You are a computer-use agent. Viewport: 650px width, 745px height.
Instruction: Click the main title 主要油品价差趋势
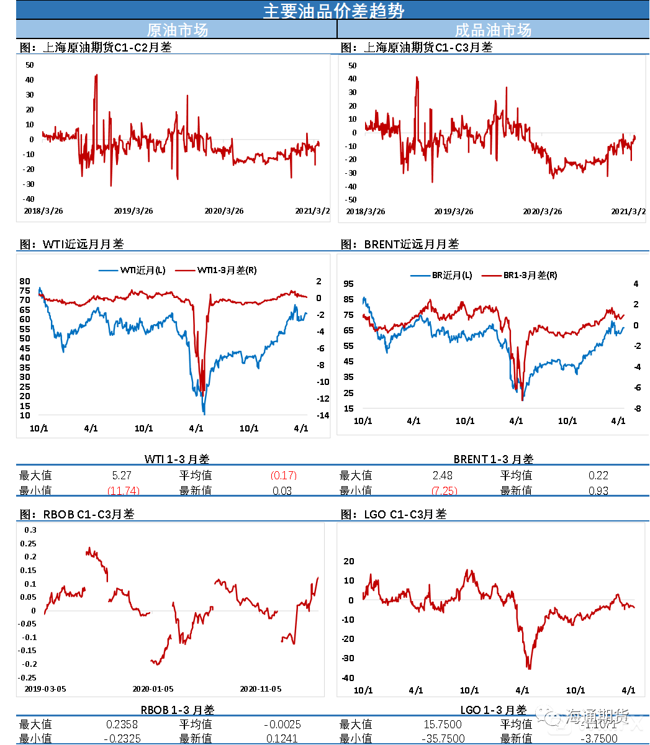pyautogui.click(x=333, y=11)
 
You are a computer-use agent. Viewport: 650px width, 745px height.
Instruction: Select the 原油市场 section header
pyautogui.click(x=177, y=30)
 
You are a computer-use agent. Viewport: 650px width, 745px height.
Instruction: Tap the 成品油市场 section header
pyautogui.click(x=493, y=30)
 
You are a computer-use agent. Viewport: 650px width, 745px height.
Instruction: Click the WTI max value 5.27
pyautogui.click(x=122, y=476)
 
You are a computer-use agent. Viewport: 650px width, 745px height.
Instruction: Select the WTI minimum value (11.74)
pyautogui.click(x=123, y=490)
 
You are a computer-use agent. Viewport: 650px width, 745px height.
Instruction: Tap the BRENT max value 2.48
pyautogui.click(x=442, y=476)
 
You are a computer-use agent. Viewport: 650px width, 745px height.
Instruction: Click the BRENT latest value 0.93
pyautogui.click(x=598, y=490)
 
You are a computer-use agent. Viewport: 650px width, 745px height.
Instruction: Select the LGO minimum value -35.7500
pyautogui.click(x=443, y=738)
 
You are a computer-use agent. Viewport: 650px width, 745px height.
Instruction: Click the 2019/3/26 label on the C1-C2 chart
pyautogui.click(x=133, y=211)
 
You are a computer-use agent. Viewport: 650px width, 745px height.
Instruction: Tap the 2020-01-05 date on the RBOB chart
pyautogui.click(x=153, y=689)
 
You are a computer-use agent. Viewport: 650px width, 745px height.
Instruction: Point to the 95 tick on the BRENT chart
pyautogui.click(x=348, y=284)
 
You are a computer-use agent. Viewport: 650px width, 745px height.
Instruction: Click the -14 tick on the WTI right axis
pyautogui.click(x=323, y=415)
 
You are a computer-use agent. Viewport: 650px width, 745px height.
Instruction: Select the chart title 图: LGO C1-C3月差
pyautogui.click(x=394, y=514)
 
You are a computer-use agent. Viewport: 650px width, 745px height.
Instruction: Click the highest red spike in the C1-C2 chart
pyautogui.click(x=96, y=76)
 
